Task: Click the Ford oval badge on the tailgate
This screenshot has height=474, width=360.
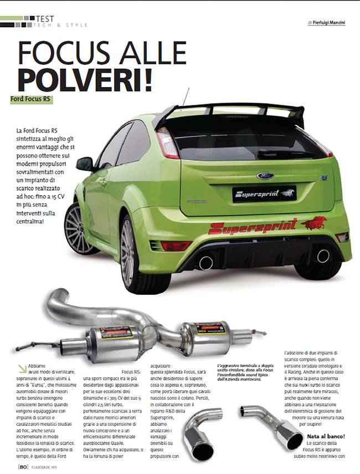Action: tap(265, 176)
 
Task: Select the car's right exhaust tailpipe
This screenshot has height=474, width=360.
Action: tap(323, 256)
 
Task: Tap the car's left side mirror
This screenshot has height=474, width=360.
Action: tap(85, 164)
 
